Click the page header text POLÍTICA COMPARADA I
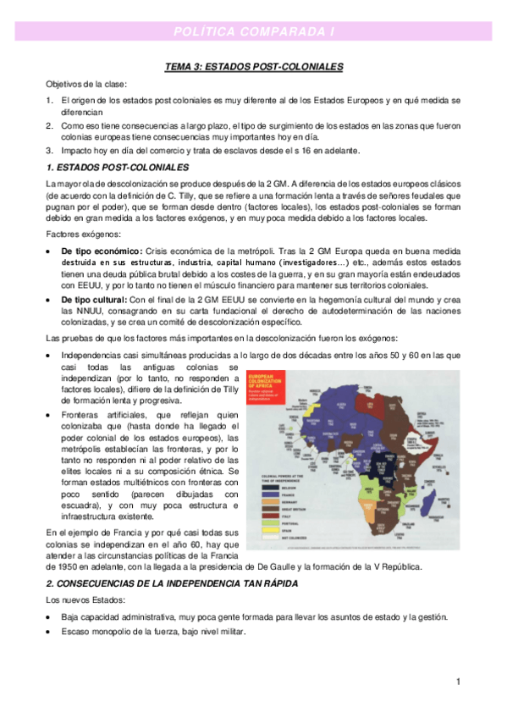point(253,31)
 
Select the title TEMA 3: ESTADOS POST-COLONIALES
point(253,66)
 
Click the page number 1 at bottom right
point(457,682)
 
